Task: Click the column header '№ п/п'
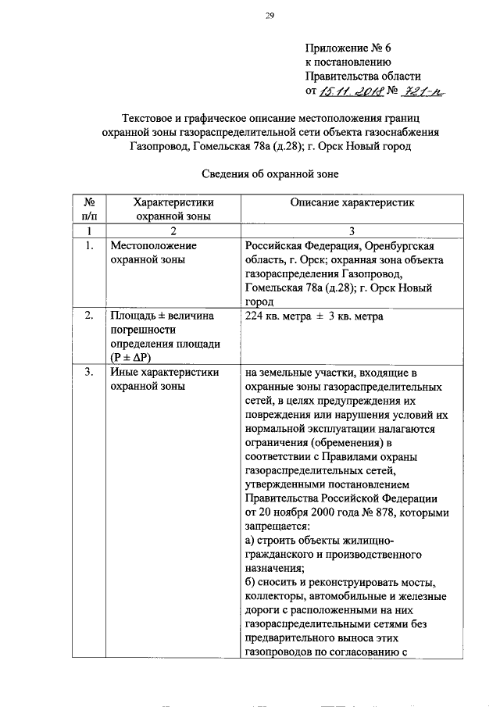point(90,209)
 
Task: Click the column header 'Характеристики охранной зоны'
point(173,209)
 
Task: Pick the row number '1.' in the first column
point(90,245)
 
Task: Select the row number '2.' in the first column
point(90,316)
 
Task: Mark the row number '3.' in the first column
point(90,372)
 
